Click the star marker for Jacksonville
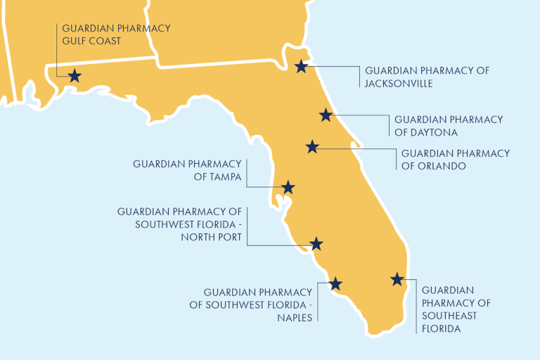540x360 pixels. click(x=301, y=67)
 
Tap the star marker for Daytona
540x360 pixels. click(x=326, y=115)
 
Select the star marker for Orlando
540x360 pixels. click(x=313, y=147)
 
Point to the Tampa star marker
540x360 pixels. click(x=288, y=188)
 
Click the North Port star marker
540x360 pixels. click(x=316, y=244)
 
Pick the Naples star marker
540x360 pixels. click(x=335, y=283)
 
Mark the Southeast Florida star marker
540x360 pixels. click(x=397, y=279)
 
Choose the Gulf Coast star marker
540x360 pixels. click(x=74, y=76)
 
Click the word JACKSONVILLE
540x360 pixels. click(x=398, y=84)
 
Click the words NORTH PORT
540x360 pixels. click(x=210, y=238)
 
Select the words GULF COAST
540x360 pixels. click(x=91, y=41)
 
